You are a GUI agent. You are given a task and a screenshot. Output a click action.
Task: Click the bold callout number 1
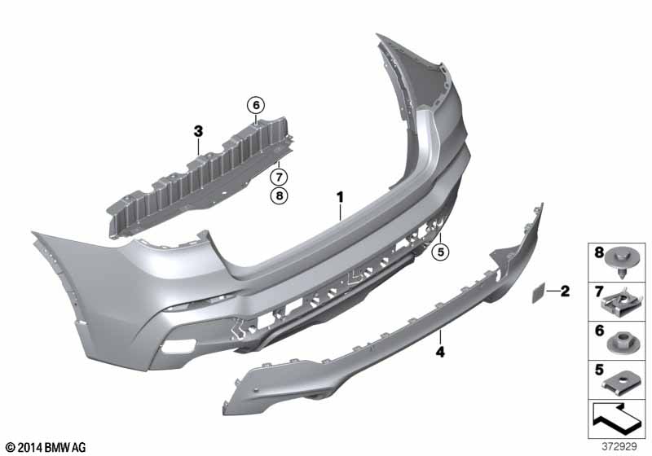341,197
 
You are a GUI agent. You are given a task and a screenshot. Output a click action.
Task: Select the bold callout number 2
565,292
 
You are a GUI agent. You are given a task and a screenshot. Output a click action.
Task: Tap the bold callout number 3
198,131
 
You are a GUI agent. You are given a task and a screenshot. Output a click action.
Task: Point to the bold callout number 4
440,352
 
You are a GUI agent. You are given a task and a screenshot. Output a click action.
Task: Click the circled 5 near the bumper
440,252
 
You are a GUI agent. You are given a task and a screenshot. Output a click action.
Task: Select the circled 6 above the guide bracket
256,105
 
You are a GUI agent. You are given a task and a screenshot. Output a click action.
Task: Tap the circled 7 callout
279,178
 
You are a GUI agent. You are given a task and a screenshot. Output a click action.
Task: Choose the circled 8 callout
279,195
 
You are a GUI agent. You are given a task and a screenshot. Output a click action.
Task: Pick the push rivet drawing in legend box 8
622,263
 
